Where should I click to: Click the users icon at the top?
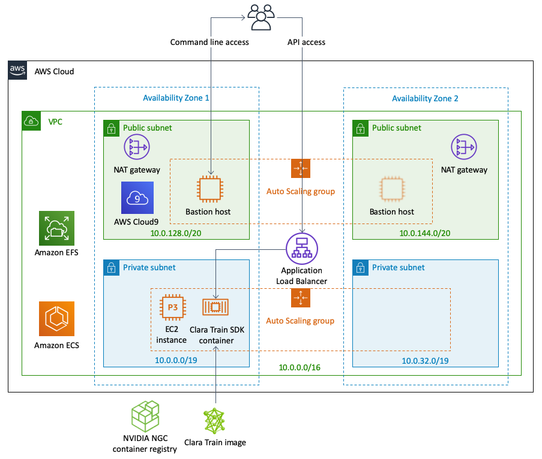261,17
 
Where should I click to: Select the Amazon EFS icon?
56,228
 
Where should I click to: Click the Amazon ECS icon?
56,319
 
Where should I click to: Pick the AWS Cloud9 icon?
137,198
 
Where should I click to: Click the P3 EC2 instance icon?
172,307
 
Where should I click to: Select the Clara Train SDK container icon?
215,307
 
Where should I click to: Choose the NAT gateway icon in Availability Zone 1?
136,147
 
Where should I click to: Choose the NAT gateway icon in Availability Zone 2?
464,147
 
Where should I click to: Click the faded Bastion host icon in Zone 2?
391,189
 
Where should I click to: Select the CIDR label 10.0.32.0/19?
426,361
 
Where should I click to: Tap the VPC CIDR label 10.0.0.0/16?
300,367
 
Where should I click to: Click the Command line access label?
209,43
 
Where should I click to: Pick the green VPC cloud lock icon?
31,120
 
